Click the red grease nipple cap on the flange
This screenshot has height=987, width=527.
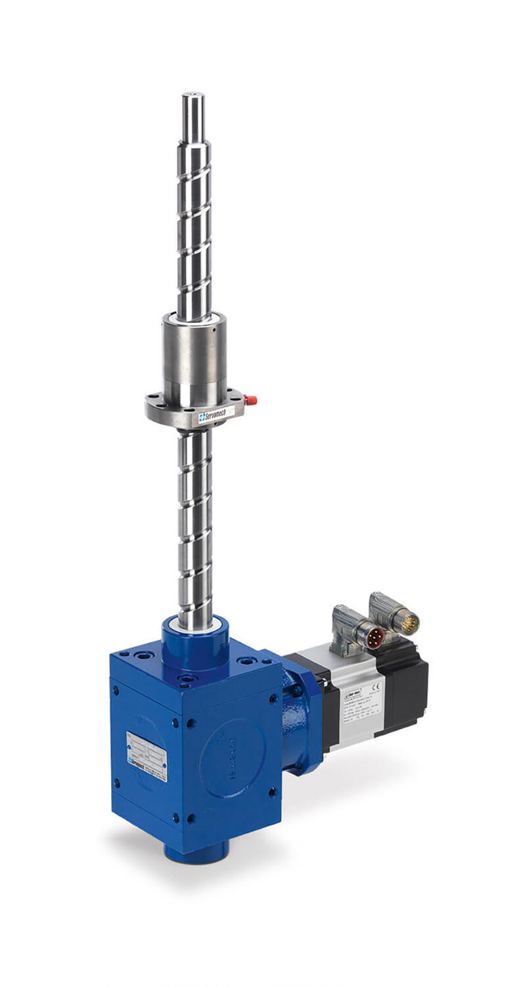click(x=250, y=399)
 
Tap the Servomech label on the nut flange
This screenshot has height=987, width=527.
click(x=216, y=417)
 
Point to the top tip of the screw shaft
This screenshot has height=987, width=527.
click(x=193, y=95)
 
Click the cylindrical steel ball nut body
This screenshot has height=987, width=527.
click(x=195, y=359)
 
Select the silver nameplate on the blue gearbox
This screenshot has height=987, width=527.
click(x=147, y=756)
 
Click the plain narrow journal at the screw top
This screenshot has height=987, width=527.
click(x=193, y=118)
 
